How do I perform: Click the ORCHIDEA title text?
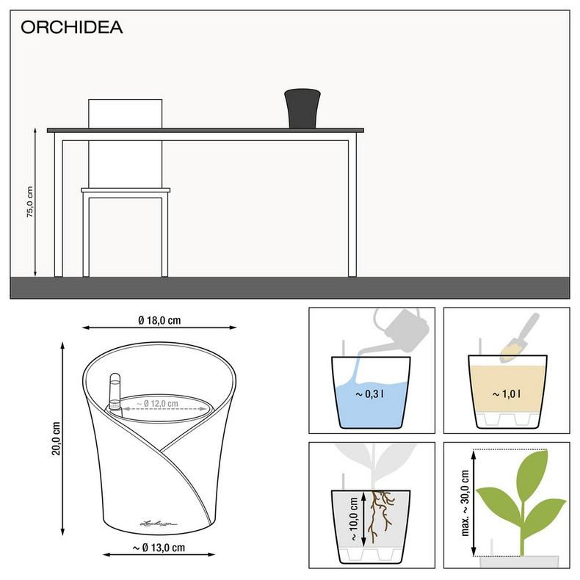[71, 28]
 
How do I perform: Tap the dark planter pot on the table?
[302, 107]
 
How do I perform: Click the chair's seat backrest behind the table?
[125, 113]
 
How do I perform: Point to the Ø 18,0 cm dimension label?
[159, 320]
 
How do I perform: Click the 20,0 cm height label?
[56, 438]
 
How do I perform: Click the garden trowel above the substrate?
[521, 337]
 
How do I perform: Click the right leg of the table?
[352, 206]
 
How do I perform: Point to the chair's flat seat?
[126, 191]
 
